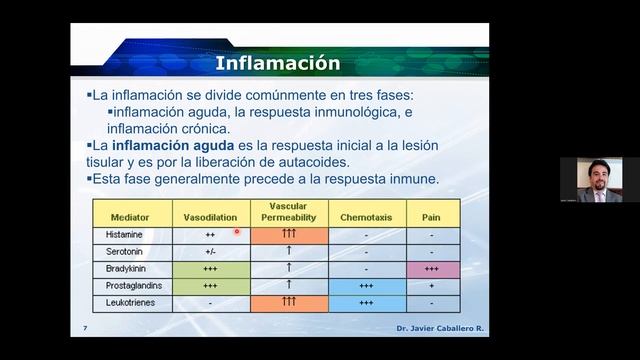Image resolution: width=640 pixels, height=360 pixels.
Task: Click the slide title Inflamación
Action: (279, 64)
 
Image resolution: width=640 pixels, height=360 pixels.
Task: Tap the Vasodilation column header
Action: (210, 215)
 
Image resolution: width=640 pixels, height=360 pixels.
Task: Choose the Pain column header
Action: (431, 215)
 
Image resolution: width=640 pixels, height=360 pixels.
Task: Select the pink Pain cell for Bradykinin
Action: (431, 268)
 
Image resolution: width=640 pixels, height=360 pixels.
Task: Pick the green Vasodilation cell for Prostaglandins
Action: (210, 285)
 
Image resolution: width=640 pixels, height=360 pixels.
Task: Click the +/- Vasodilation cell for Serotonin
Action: (210, 251)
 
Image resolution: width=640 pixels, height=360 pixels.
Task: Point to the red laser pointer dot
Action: (237, 232)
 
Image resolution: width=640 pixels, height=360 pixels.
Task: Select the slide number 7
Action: (85, 328)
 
